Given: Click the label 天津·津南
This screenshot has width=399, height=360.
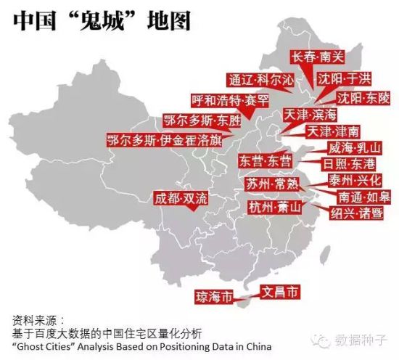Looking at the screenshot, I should (332, 132).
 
